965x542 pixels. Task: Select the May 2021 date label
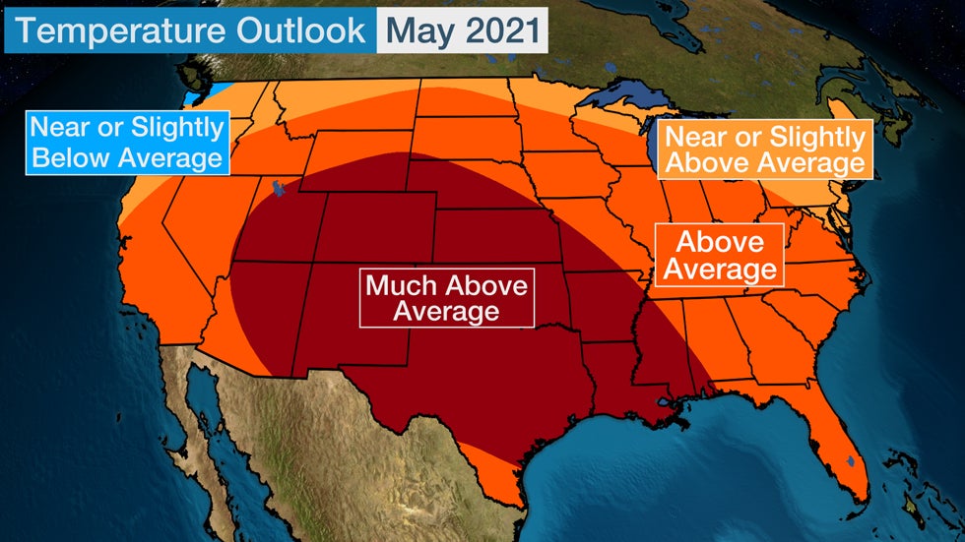460,30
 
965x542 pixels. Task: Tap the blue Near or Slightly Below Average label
126,143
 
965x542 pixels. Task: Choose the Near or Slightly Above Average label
764,150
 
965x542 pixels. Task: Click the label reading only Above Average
720,255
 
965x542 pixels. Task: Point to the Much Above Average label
446,298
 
